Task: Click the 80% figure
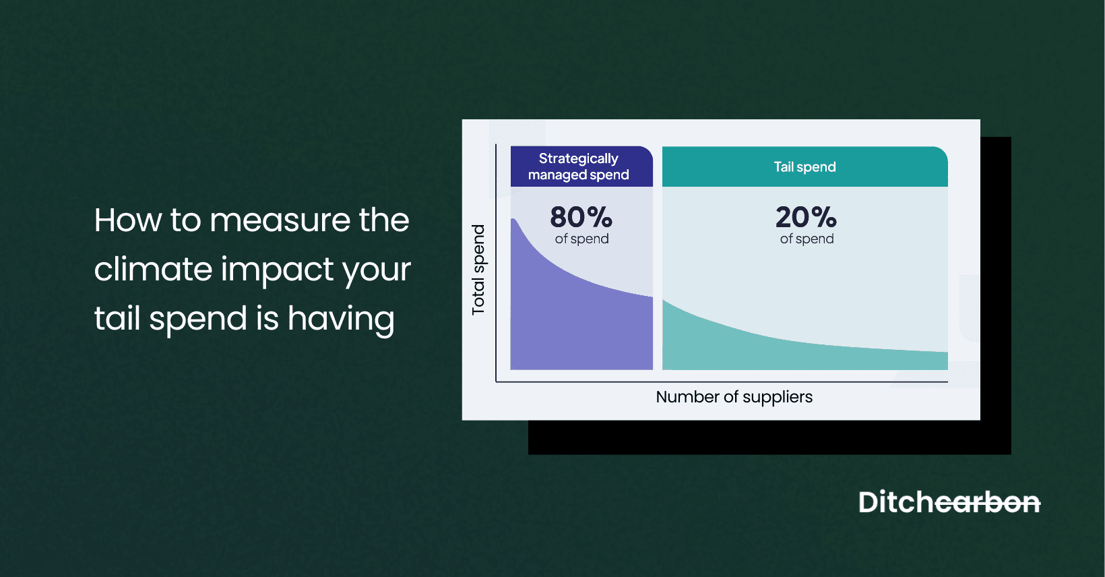click(x=581, y=217)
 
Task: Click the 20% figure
click(x=806, y=217)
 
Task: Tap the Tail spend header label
click(x=804, y=167)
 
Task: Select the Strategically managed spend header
click(x=579, y=166)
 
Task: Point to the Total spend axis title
click(x=478, y=270)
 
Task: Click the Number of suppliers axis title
click(x=734, y=397)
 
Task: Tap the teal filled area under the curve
click(x=775, y=351)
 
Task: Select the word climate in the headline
click(x=154, y=269)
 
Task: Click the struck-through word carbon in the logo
click(x=988, y=503)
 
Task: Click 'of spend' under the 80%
click(x=581, y=239)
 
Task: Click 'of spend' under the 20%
click(x=807, y=239)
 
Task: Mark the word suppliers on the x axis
click(x=778, y=398)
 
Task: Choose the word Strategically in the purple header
click(x=578, y=158)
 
